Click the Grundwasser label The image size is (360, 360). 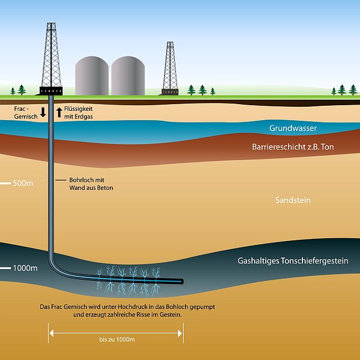coord(293,128)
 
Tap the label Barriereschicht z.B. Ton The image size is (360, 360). coord(293,147)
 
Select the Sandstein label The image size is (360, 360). coord(293,200)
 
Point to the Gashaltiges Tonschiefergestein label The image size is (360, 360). coord(293,261)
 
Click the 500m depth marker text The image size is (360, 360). coord(23,183)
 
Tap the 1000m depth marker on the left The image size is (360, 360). coord(25,268)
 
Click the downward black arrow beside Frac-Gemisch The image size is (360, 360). coord(43,112)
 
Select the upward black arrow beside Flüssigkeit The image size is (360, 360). coord(59,112)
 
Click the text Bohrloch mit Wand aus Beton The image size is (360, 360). coord(91,184)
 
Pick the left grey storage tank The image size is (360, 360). coord(92,76)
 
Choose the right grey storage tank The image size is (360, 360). coord(128,76)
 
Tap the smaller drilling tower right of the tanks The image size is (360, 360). coord(170,68)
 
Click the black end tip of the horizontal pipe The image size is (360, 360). coord(182,281)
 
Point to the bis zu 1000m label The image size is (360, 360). coord(117,340)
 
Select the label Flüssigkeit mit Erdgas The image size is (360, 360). coord(79,112)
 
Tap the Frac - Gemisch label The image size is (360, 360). coord(25,112)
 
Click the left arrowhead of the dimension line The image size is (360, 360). coord(52,333)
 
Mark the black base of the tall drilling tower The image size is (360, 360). coord(51,91)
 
